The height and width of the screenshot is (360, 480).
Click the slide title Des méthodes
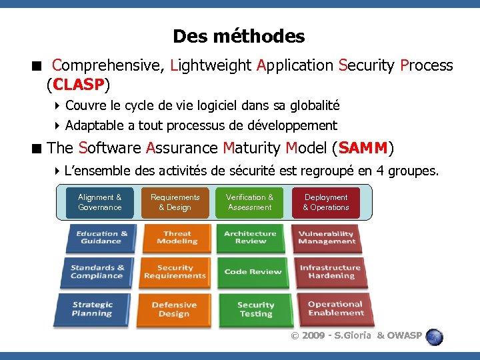click(239, 36)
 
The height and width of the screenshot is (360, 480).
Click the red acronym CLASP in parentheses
click(77, 85)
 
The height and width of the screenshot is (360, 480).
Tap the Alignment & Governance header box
click(100, 203)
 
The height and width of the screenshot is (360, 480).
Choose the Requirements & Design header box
click(175, 203)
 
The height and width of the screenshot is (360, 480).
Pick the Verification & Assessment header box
click(249, 203)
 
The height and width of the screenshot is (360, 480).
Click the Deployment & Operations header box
click(326, 203)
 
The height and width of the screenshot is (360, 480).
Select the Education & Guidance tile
click(101, 238)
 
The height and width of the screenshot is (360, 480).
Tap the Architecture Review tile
click(251, 238)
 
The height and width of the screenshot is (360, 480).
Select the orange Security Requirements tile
click(175, 273)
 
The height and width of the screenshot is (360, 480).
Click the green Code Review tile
click(253, 273)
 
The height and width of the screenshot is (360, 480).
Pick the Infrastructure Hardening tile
click(330, 273)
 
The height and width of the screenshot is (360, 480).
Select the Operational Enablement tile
click(335, 309)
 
